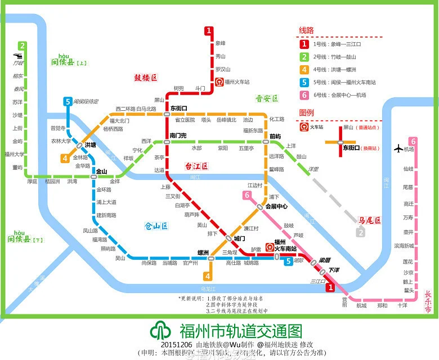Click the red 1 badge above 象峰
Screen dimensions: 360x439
coord(209,31)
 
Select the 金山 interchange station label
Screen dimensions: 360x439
coord(101,171)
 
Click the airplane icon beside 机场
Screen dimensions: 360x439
coord(400,149)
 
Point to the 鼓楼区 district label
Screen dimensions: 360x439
coord(146,78)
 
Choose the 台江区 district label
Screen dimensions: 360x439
coord(196,166)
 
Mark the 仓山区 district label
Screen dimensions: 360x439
coord(156,227)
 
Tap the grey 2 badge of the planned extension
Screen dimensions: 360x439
coord(360,231)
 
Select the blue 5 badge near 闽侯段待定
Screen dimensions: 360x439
coord(68,102)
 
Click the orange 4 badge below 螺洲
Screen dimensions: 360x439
coord(208,276)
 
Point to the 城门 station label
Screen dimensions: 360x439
coord(239,238)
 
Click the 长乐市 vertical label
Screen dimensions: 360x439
coord(428,301)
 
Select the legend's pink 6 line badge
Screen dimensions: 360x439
coord(304,94)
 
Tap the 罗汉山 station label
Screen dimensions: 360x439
coord(222,69)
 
